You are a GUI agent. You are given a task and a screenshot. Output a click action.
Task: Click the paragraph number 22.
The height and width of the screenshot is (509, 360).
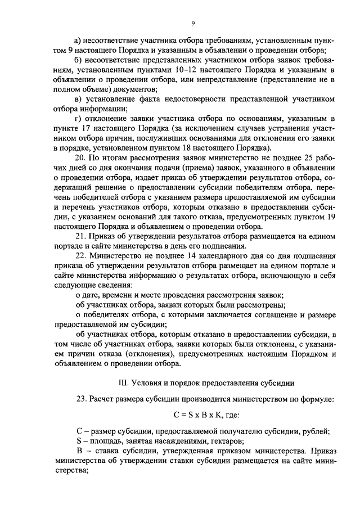pyautogui.click(x=80, y=256)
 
